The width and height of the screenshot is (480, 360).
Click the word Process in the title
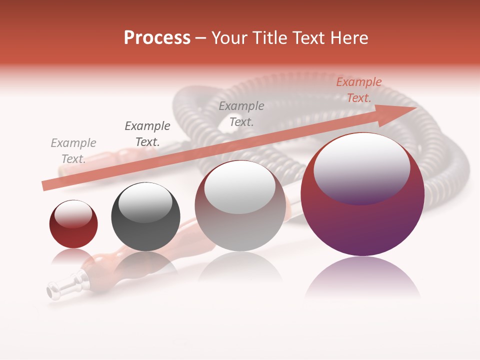[x=157, y=38]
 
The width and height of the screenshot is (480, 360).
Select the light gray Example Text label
[x=73, y=151]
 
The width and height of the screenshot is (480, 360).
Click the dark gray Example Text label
[x=147, y=134]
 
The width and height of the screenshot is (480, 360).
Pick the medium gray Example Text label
[x=241, y=113]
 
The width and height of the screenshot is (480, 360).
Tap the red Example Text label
[x=359, y=90]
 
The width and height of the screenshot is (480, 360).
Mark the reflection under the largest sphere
[x=362, y=277]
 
